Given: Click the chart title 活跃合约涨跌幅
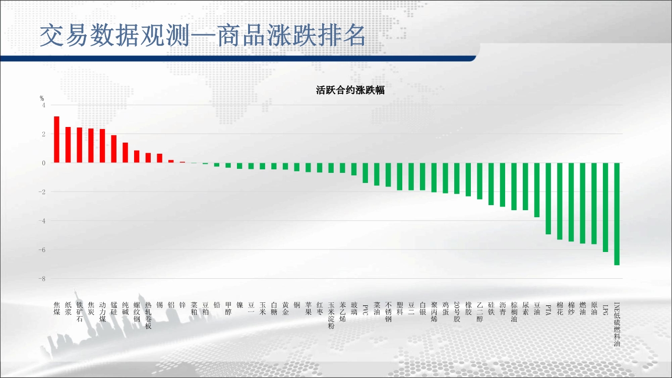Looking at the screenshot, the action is pos(350,90).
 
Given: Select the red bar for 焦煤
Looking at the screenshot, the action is pos(56,140).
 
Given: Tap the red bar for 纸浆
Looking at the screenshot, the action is pos(68,145).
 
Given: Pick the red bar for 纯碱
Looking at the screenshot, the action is pos(126,153).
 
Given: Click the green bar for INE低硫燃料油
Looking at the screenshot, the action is pos(617,214).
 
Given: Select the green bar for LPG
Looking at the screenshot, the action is pos(605,207).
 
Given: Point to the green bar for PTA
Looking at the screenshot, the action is pos(548,199).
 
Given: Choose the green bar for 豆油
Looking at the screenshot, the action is pos(537,190).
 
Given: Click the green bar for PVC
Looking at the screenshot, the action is pos(365,173).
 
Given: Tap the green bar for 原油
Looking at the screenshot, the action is pos(594,204).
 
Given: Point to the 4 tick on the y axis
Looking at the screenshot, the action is pos(44,105).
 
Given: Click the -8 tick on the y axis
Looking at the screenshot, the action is pos(42,279).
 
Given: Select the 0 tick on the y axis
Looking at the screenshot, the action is pos(44,163).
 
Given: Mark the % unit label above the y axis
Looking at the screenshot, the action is pos(42,98).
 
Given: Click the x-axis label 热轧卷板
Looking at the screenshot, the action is pos(148,316).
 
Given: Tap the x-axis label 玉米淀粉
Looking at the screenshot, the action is pos(331,316).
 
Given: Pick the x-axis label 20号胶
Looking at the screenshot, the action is pos(457,312).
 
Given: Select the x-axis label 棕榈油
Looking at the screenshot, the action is pos(514,312).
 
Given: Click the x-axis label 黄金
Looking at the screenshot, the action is pos(285,308).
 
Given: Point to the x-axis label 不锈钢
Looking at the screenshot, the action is pos(388,312).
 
